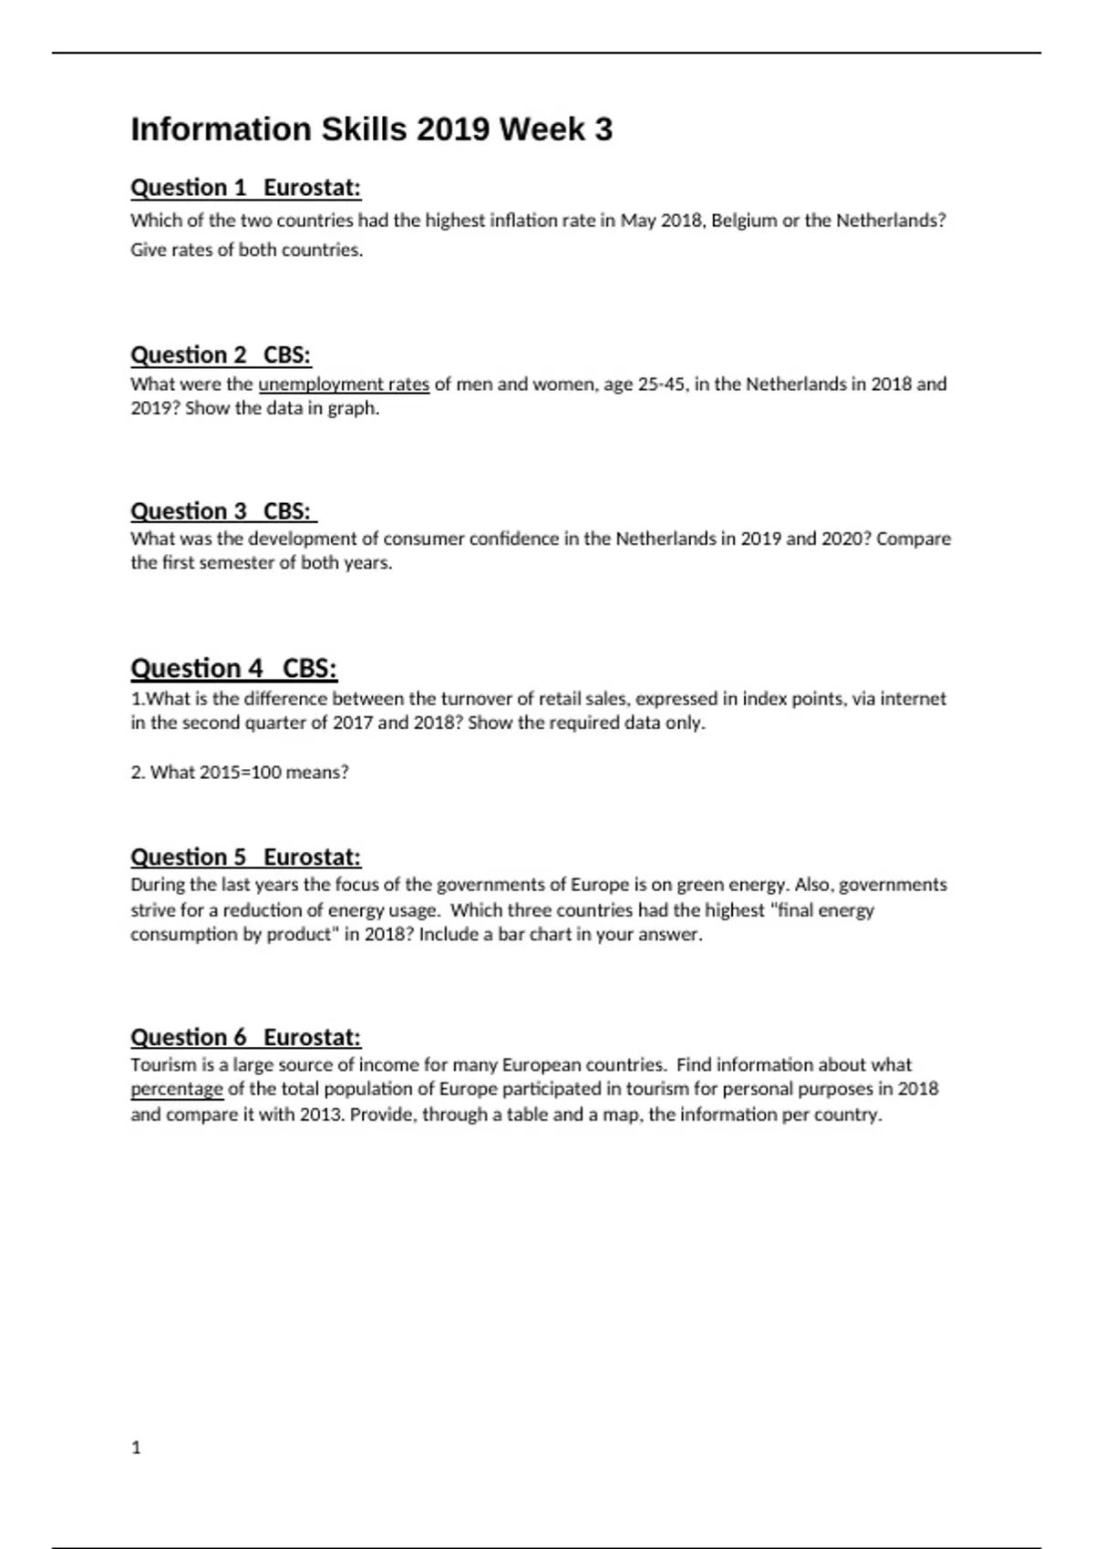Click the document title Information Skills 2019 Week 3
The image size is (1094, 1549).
(372, 129)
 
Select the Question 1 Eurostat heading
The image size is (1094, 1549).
(245, 188)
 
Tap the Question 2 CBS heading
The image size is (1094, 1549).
(221, 354)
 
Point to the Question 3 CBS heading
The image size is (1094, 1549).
(223, 510)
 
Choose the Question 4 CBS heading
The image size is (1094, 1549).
(233, 668)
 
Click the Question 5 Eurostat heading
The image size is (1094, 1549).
(245, 857)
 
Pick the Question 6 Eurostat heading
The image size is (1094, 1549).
(245, 1037)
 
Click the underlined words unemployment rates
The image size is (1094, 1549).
(344, 385)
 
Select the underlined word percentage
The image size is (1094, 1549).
(176, 1089)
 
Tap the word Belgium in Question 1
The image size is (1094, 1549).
(743, 221)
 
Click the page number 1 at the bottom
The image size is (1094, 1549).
(137, 1447)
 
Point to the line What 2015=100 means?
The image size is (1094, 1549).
(240, 773)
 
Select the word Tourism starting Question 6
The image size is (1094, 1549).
(160, 1064)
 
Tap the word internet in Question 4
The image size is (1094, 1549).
(912, 699)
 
